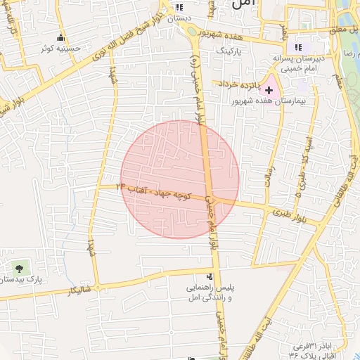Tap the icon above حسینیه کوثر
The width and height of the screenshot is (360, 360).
[x=60, y=38]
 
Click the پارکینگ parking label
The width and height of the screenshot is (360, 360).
[x=228, y=51]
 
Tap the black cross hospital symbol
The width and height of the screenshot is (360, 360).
[x=269, y=90]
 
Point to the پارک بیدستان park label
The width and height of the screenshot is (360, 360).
[x=22, y=279]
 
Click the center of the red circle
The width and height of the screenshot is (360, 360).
[x=180, y=179]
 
